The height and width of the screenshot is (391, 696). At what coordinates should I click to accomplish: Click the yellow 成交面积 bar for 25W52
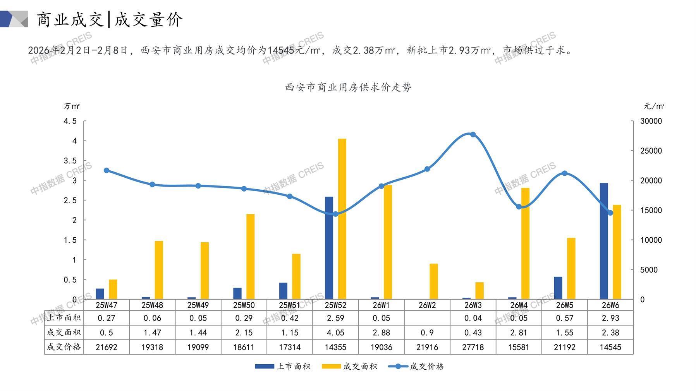coord(342,219)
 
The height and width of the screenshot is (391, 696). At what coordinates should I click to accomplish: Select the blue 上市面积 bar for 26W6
coord(604,241)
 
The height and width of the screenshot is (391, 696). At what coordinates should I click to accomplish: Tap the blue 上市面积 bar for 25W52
coord(329,248)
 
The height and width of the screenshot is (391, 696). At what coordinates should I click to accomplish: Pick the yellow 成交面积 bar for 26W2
coord(434,281)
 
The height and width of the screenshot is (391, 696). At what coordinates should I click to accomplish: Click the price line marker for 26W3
coord(473,134)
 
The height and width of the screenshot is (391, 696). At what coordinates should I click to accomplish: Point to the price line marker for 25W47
coord(107,170)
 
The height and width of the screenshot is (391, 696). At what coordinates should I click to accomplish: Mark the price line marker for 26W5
coord(564,173)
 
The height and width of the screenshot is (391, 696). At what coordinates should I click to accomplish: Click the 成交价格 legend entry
coord(416,366)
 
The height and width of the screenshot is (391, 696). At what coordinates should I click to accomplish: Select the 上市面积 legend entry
coord(283,366)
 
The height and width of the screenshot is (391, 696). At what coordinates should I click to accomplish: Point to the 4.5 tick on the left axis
coord(70,121)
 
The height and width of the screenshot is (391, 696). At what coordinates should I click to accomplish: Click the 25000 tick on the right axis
coord(651,151)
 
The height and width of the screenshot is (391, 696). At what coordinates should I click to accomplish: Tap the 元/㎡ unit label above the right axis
coord(654,106)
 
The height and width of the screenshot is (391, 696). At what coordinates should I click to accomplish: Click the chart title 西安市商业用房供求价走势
coord(348,87)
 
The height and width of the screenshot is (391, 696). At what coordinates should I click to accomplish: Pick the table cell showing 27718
coord(473,347)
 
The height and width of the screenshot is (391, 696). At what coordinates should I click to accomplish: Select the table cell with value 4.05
coord(335,333)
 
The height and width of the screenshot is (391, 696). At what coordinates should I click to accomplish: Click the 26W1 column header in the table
coord(381,305)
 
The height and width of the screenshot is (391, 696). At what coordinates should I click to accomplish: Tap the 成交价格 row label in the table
coord(64,347)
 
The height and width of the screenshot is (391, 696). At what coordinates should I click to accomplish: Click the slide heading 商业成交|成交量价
coord(110,19)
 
